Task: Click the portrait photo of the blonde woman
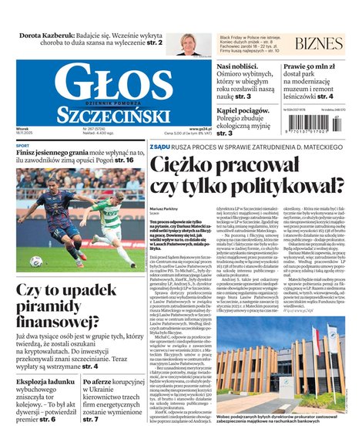pyautogui.click(x=189, y=43)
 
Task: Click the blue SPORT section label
pyautogui.click(x=23, y=146)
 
